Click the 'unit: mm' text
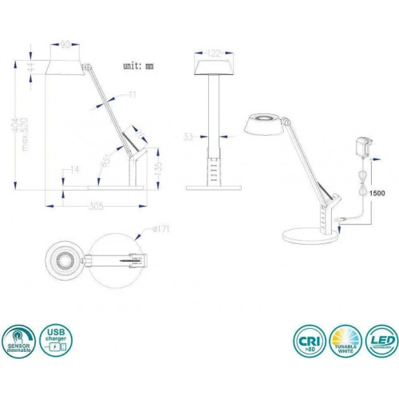144,66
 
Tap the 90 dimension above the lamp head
66,45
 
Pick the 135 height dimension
161,168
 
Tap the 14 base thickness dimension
73,169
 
